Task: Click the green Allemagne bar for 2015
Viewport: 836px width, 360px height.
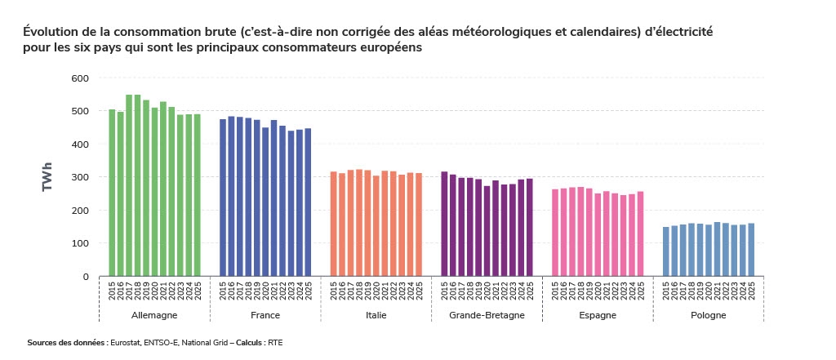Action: pos(112,193)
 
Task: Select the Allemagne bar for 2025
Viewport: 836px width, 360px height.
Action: pos(197,195)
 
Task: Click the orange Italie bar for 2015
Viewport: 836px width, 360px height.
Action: pos(334,224)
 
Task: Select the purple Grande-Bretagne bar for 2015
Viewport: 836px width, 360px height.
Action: pos(444,224)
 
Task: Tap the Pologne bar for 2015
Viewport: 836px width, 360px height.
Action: pos(666,251)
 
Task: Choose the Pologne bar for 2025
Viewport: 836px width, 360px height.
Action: pos(751,250)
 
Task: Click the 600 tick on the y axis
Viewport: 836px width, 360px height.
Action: pos(79,78)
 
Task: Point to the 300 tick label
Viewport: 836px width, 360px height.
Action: pos(79,177)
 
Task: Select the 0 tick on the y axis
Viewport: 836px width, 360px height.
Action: pos(86,277)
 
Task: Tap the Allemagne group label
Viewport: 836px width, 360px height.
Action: pos(154,315)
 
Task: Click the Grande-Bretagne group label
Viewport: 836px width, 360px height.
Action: pos(487,315)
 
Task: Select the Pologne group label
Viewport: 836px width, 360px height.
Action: pos(708,315)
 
